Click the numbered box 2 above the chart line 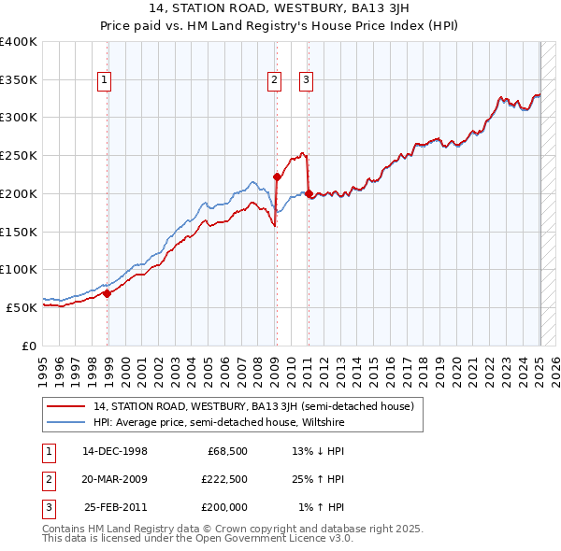pos(274,81)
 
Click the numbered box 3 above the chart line pos(306,81)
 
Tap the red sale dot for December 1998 pos(108,293)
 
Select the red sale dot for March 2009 pos(277,177)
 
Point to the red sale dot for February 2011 pos(309,193)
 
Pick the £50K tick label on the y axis pos(22,307)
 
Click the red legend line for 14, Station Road pos(67,407)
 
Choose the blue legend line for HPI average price pos(67,422)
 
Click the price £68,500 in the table pos(227,452)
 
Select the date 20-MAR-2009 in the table pos(115,480)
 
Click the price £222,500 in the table pos(224,480)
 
